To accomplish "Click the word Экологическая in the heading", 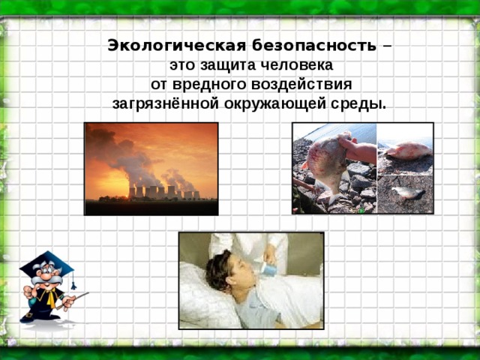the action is (177, 46).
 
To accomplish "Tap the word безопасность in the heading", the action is (314, 46).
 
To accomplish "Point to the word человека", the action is (300, 65).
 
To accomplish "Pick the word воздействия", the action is (301, 85).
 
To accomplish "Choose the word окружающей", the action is (275, 104).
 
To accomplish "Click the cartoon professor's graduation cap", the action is (46, 264).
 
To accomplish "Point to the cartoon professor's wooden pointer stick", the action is (73, 301).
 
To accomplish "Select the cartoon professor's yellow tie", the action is (50, 298).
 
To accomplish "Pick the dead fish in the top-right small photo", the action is (407, 151).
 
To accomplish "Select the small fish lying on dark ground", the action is (408, 192).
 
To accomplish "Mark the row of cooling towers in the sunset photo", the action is (164, 192).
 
